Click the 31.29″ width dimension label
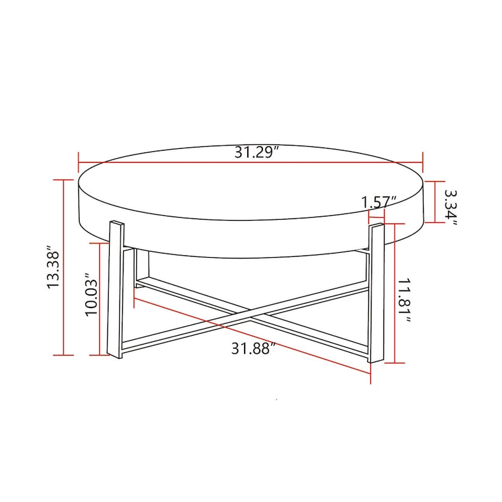coord(256,152)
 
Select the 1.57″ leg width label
coord(380,202)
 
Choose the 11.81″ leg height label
coord(409,301)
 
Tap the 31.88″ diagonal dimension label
coord(254,349)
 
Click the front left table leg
coord(115,289)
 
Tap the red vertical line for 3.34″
coord(434,201)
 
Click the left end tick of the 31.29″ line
coord(78,161)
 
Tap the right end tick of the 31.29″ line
coord(424,162)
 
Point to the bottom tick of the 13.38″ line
coord(63,355)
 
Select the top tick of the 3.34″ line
coord(434,181)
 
